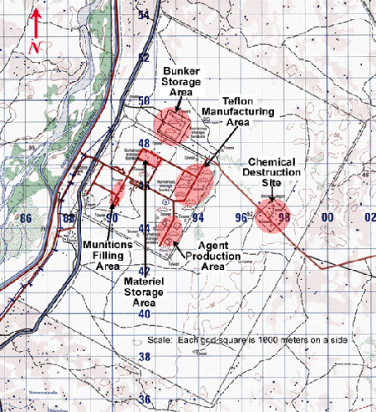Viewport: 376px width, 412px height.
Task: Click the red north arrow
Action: pyautogui.click(x=35, y=23)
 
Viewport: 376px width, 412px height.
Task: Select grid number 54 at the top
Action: pyautogui.click(x=144, y=16)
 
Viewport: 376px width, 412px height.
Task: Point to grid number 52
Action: pyautogui.click(x=144, y=58)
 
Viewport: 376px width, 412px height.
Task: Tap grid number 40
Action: pyautogui.click(x=144, y=313)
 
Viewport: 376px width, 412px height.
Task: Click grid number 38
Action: pyautogui.click(x=144, y=356)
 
